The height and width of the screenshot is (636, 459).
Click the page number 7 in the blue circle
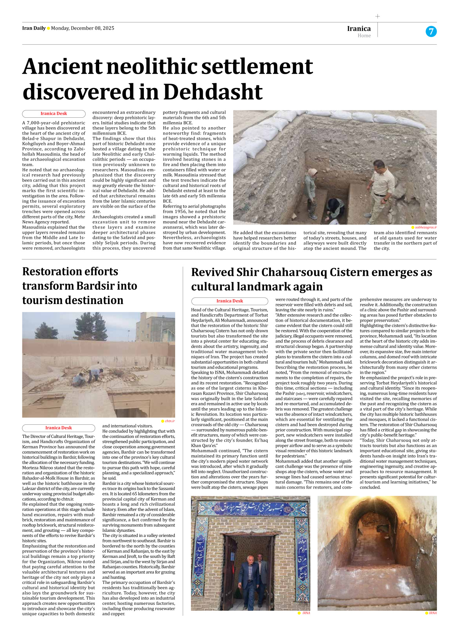coord(431,32)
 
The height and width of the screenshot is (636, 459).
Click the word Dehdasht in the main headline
coord(213,92)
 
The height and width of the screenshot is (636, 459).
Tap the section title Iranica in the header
coord(359,29)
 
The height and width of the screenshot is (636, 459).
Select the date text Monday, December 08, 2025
coord(83,28)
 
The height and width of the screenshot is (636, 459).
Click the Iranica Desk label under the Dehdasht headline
coord(54,114)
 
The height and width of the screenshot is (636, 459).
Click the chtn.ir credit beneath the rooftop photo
coord(169,421)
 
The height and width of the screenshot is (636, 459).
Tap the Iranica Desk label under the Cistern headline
coord(230,301)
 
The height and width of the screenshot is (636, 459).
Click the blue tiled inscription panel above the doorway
coord(250,509)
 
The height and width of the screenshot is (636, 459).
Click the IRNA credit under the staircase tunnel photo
coord(432,613)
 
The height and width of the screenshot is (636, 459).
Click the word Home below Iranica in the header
coord(364,36)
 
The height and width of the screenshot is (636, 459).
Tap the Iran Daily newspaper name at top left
coord(34,28)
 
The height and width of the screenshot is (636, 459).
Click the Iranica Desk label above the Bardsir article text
coord(58,428)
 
